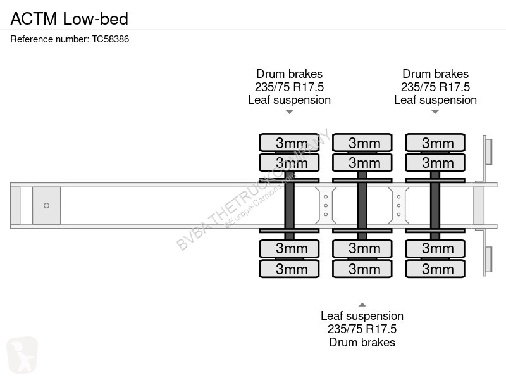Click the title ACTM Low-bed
click(x=70, y=18)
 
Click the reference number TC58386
click(x=110, y=39)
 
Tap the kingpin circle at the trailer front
click(x=46, y=205)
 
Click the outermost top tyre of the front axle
click(x=290, y=142)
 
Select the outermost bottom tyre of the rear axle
click(x=435, y=269)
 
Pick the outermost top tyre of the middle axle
click(x=362, y=142)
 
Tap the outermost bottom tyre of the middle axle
click(x=362, y=269)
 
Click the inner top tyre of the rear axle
click(x=435, y=163)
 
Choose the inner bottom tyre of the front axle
click(x=290, y=248)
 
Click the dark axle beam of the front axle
click(x=290, y=205)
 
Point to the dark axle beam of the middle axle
click(x=362, y=205)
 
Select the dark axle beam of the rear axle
click(x=435, y=205)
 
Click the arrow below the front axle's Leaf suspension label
click(x=290, y=112)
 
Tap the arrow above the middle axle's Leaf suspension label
click(x=362, y=305)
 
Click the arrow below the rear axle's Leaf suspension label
click(x=435, y=112)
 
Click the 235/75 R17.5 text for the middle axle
click(x=362, y=329)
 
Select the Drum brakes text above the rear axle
click(x=435, y=73)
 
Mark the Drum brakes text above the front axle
click(x=290, y=73)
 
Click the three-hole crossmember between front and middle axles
click(x=326, y=205)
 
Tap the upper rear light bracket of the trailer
click(x=487, y=151)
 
